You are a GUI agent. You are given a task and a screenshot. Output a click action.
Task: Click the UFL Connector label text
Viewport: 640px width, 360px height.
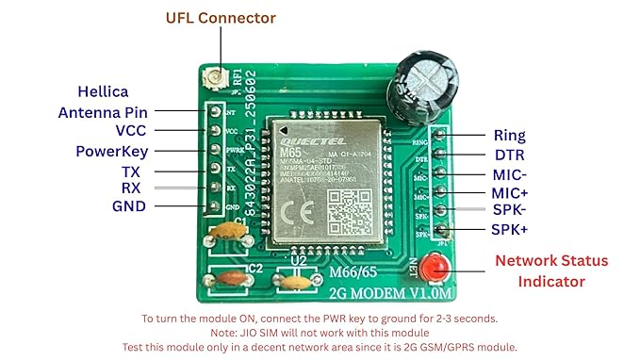(221, 18)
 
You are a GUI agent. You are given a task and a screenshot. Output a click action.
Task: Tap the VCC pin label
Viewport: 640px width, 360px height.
(130, 132)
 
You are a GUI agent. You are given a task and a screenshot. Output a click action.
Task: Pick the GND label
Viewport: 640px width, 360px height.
(129, 206)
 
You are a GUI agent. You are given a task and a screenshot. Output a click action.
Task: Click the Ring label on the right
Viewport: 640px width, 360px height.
(509, 137)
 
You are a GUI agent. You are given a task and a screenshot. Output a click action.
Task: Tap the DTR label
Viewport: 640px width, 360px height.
(509, 155)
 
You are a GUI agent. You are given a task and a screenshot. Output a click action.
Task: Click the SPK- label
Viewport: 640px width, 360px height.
(510, 211)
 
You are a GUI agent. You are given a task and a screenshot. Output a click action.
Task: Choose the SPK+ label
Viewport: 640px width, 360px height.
(511, 231)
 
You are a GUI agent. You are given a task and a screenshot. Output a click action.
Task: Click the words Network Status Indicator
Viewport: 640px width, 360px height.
(551, 271)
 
